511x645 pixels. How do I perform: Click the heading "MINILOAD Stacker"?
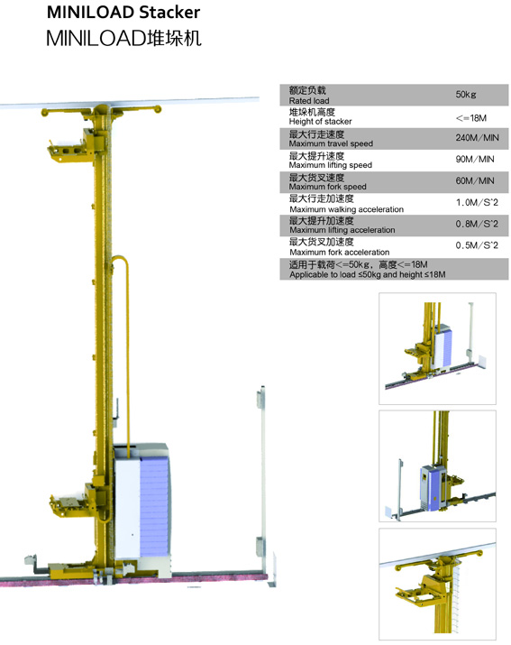123,13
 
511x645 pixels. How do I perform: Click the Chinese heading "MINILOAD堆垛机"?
123,38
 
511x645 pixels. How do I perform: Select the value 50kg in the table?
466,95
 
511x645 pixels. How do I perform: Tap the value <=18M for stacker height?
471,118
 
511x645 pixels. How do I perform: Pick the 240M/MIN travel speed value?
477,138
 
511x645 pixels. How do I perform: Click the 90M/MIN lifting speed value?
475,159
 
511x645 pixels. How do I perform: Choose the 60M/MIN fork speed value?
475,180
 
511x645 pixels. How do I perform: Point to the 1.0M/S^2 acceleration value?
477,202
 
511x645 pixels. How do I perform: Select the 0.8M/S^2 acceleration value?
477,224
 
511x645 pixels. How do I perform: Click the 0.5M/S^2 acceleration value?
477,245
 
